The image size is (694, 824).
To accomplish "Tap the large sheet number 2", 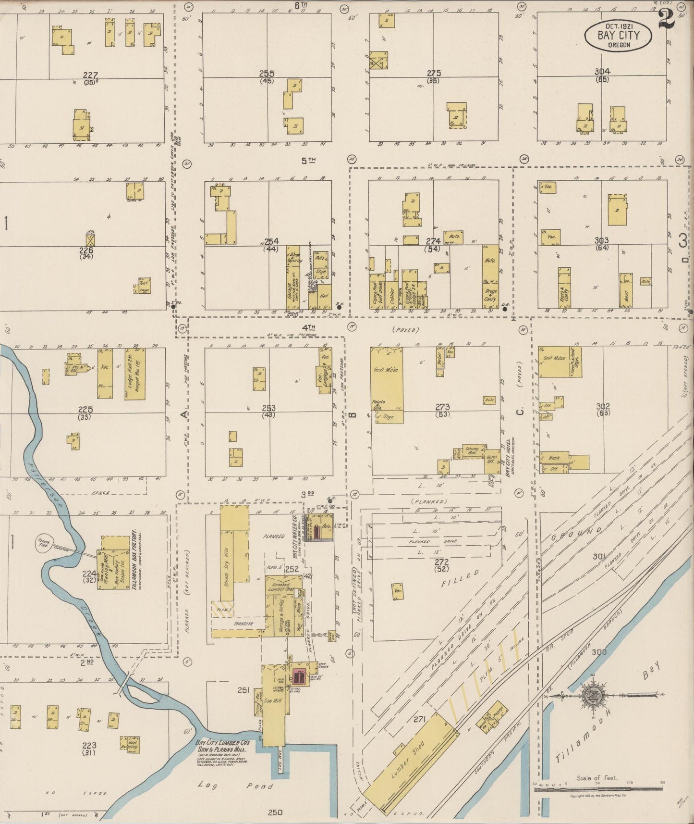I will point(667,19).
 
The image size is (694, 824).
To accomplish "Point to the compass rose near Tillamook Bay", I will point(590,695).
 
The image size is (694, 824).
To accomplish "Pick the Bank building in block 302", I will point(554,458).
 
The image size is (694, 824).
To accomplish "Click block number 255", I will point(267,73).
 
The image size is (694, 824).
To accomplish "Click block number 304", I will point(602,72).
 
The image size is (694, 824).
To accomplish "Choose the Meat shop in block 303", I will point(626,292).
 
